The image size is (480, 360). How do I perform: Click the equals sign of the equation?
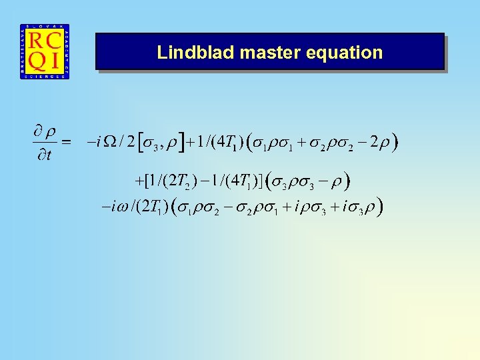click(65, 142)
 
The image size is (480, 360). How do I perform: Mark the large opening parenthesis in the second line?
click(268, 181)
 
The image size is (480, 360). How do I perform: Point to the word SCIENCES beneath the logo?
click(45, 77)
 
